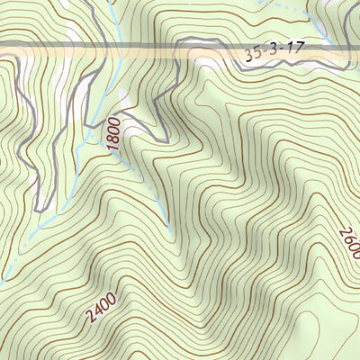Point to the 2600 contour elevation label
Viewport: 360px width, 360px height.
349,244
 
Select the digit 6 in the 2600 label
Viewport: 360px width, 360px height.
347,238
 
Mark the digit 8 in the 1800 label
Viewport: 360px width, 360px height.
114,137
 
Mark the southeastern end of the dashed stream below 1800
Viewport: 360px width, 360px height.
171,230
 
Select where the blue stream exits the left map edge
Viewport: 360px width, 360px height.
2,275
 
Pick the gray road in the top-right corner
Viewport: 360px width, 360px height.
346,18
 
